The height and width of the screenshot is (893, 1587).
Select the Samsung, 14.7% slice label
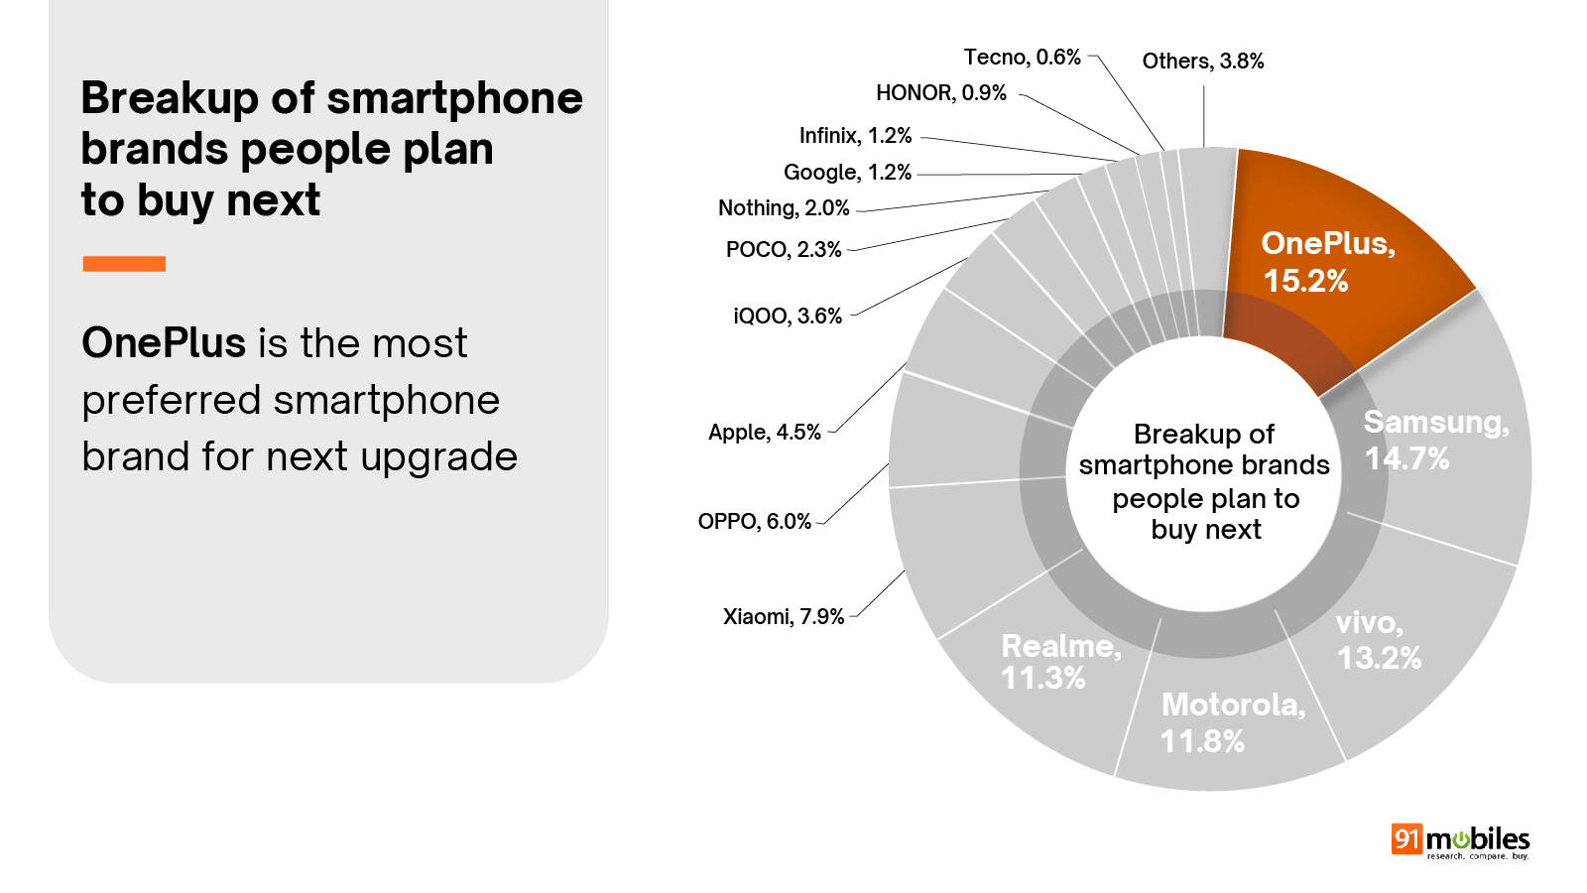click(1435, 441)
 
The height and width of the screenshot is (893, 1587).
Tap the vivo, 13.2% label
click(1378, 640)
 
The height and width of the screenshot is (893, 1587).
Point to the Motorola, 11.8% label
click(1233, 722)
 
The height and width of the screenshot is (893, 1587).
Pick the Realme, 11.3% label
click(1060, 662)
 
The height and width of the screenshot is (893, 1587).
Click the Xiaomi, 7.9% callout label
click(783, 617)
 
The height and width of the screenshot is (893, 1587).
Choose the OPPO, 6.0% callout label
click(754, 522)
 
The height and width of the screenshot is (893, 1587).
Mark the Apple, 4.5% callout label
click(764, 433)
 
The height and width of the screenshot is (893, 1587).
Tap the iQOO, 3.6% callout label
click(787, 317)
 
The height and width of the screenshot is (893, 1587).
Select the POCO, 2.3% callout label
click(783, 250)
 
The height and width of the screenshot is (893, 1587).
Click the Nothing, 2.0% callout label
click(784, 208)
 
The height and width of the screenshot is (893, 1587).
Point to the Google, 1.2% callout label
click(847, 173)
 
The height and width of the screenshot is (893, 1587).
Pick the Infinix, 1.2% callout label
click(855, 136)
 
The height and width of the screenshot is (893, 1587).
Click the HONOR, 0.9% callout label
click(940, 93)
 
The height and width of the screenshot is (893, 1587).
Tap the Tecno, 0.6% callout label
click(1022, 58)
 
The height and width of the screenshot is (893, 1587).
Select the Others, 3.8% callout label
click(1202, 62)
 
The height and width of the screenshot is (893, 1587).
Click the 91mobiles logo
click(1460, 841)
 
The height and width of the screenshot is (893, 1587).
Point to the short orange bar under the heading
click(124, 264)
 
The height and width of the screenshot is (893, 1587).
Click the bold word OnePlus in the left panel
click(164, 343)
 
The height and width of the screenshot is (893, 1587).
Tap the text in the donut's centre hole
click(1204, 482)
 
